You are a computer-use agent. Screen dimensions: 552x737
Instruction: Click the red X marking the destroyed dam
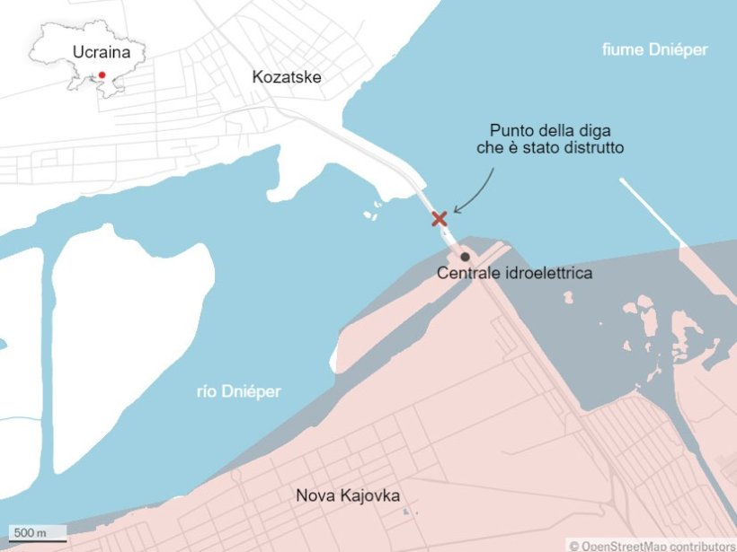click(440, 219)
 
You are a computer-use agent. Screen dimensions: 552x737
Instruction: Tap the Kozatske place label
click(287, 78)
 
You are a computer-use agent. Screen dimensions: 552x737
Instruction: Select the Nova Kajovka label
click(349, 495)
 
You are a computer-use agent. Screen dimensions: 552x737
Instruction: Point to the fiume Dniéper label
click(654, 50)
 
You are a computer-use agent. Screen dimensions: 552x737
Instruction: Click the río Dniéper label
click(239, 391)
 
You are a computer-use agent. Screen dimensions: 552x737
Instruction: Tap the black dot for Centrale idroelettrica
click(466, 257)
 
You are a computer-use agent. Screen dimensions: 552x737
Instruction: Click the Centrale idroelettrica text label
click(514, 273)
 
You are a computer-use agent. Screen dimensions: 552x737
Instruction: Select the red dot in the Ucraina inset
click(102, 75)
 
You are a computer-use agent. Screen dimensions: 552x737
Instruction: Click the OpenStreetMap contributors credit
click(652, 545)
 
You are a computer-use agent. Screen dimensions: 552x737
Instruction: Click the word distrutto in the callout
click(591, 146)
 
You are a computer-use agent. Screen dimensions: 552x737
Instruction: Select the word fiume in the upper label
click(621, 50)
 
